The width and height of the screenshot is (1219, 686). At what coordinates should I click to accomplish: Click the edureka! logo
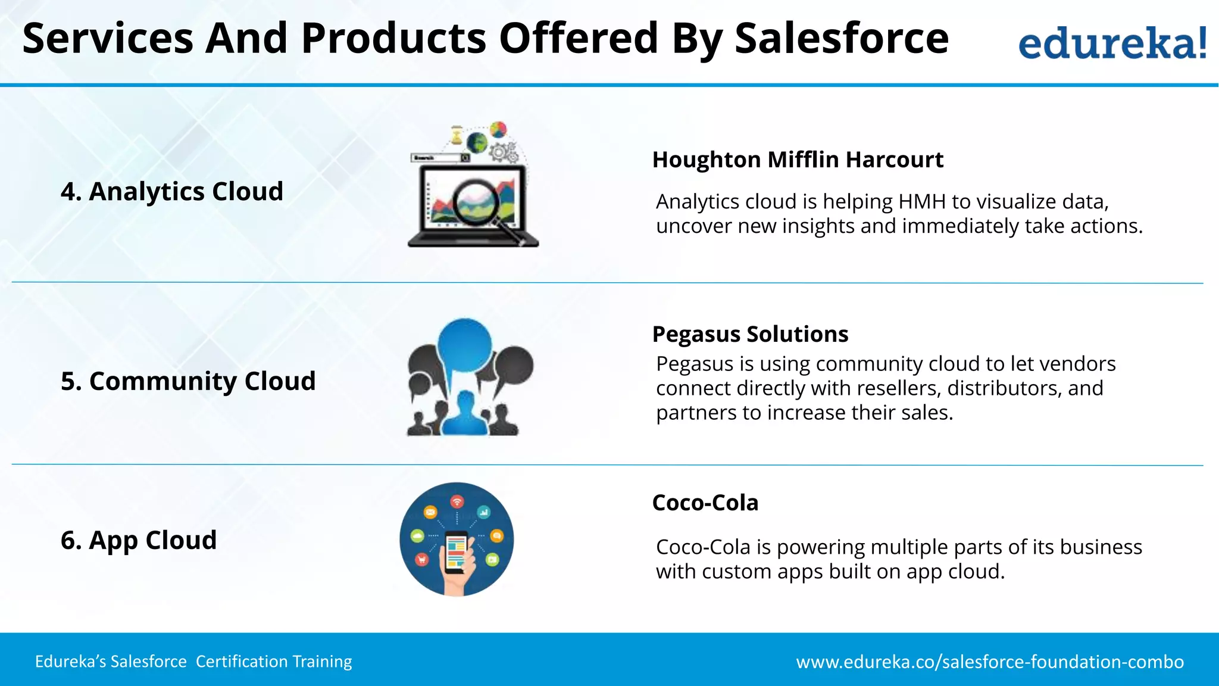pyautogui.click(x=1112, y=43)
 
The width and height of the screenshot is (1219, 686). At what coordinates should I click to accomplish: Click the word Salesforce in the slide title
pyautogui.click(x=841, y=38)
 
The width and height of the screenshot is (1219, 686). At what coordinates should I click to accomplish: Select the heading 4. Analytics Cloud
pyautogui.click(x=171, y=192)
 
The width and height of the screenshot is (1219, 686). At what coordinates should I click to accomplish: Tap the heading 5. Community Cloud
pyautogui.click(x=188, y=381)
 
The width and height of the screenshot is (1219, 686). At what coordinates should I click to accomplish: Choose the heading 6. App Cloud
pyautogui.click(x=138, y=540)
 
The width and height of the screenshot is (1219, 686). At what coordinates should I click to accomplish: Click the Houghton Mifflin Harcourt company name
pyautogui.click(x=798, y=160)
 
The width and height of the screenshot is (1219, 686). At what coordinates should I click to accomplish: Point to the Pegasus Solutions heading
pyautogui.click(x=750, y=334)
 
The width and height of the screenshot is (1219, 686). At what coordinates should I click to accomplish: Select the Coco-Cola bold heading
pyautogui.click(x=705, y=503)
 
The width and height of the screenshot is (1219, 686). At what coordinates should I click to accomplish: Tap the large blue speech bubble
pyautogui.click(x=464, y=345)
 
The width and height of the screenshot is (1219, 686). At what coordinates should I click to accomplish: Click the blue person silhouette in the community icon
pyautogui.click(x=465, y=414)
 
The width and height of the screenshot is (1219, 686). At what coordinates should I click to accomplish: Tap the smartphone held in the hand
pyautogui.click(x=457, y=551)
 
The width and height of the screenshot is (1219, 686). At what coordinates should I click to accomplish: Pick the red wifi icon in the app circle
pyautogui.click(x=457, y=501)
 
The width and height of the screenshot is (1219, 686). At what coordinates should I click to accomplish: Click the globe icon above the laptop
pyautogui.click(x=477, y=142)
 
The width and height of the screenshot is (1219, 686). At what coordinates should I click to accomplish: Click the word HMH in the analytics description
pyautogui.click(x=922, y=202)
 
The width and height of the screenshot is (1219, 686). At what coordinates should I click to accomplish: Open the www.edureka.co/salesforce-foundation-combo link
pyautogui.click(x=990, y=662)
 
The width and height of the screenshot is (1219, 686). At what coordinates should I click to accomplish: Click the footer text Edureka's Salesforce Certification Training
pyautogui.click(x=193, y=662)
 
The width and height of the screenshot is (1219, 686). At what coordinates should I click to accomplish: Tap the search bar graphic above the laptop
pyautogui.click(x=440, y=158)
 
